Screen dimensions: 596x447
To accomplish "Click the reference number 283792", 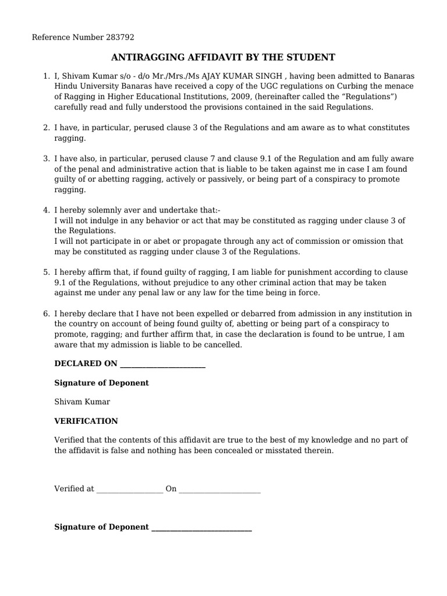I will click(120, 37).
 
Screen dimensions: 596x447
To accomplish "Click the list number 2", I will click(46, 127).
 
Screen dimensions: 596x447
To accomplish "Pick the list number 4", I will click(46, 210).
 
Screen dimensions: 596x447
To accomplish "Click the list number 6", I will click(46, 314).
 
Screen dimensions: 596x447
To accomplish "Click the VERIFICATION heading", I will click(86, 421).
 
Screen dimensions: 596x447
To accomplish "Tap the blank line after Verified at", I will click(129, 489).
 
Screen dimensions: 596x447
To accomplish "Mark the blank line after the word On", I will click(219, 489).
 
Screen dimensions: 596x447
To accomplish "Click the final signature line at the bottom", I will click(201, 527).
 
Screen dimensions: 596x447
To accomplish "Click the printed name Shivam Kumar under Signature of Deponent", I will click(82, 402).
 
